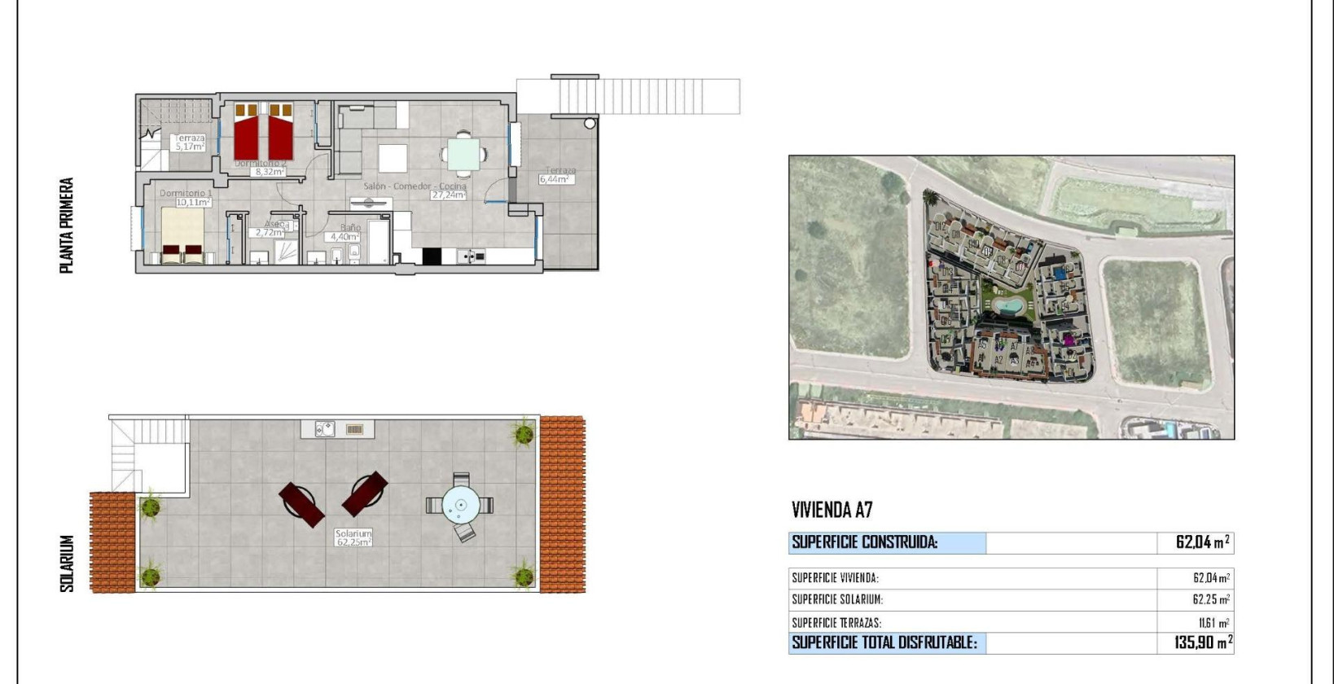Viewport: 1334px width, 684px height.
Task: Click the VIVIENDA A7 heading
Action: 832,511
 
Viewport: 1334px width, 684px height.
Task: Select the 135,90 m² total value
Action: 1203,642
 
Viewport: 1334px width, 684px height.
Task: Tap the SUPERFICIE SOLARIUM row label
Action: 837,600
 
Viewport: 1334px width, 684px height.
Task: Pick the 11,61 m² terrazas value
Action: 1213,623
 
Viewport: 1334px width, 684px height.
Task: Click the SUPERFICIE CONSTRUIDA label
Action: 865,542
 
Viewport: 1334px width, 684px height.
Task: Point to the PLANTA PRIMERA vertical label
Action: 67,226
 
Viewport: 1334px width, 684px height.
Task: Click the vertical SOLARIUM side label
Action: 67,563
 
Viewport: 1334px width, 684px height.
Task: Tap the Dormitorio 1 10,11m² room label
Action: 185,198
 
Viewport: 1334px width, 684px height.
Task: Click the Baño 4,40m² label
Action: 344,233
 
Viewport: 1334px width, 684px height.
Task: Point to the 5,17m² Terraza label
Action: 189,142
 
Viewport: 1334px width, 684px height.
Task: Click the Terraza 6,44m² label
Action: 558,175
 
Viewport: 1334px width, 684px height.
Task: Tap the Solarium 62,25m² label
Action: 353,537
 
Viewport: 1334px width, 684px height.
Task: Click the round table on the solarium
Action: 461,505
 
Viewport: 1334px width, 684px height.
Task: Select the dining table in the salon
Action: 463,154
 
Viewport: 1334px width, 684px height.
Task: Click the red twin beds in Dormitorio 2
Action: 263,132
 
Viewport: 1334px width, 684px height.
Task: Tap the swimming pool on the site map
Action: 1009,305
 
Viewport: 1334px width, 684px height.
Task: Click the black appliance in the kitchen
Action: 431,256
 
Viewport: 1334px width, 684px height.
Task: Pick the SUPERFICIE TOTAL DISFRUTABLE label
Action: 884,642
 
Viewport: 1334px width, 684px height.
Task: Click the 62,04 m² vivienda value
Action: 1211,578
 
